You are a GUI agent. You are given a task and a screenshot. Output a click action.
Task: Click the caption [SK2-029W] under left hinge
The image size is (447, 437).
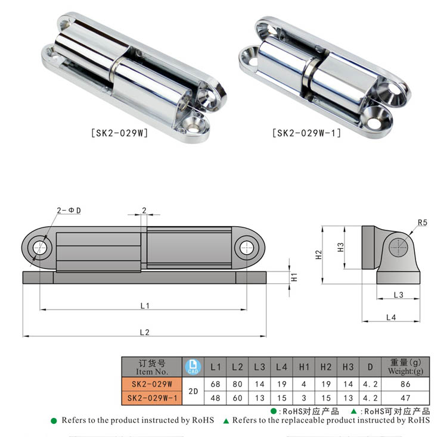(119, 133)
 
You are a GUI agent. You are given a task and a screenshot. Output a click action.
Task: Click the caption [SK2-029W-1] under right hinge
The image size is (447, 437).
(306, 133)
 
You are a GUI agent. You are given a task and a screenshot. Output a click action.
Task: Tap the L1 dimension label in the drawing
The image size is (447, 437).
(144, 305)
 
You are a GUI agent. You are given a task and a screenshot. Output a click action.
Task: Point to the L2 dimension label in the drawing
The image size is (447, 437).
(144, 332)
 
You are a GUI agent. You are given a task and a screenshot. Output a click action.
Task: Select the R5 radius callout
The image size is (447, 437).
(422, 223)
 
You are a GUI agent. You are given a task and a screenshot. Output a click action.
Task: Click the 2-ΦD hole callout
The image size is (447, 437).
(68, 211)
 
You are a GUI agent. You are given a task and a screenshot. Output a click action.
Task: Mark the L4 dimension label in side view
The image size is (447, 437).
(390, 317)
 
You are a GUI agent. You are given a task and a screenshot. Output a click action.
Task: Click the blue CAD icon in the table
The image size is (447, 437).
(192, 367)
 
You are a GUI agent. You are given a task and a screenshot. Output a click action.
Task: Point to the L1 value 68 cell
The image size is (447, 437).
(216, 385)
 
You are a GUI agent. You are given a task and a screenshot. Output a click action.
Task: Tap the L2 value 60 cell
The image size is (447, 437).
(237, 398)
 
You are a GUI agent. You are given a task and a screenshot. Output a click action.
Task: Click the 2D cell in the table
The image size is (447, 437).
(193, 391)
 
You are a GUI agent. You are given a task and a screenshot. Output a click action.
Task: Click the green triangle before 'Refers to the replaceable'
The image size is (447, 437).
(226, 421)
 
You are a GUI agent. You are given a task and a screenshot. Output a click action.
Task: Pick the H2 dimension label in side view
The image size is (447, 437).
(319, 254)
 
